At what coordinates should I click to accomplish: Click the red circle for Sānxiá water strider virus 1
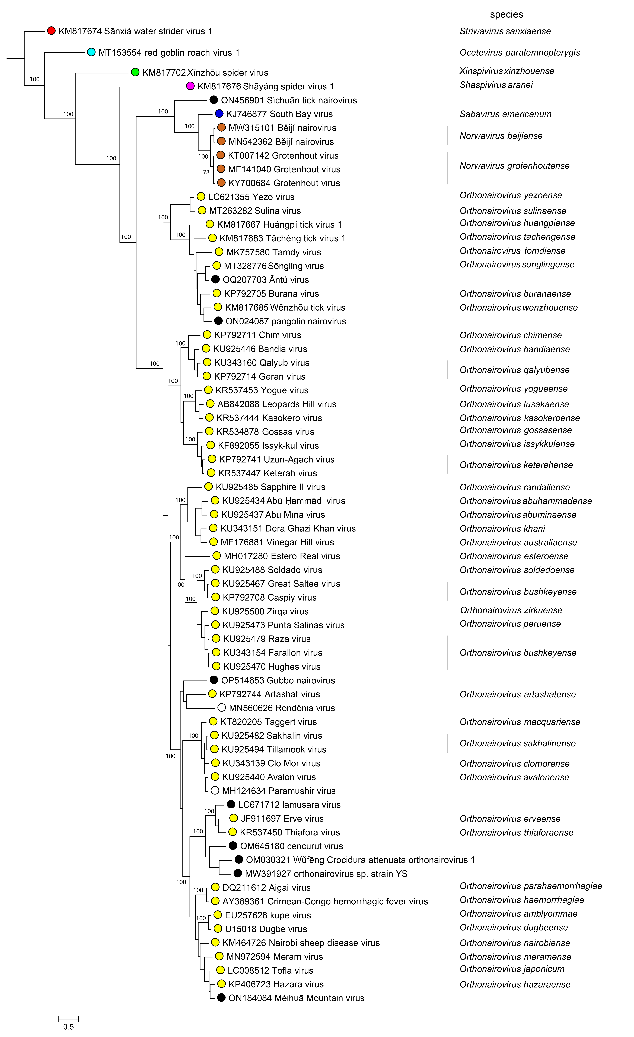(51, 31)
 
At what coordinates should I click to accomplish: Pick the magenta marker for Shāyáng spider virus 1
(190, 86)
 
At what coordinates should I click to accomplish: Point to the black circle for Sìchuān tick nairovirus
(214, 100)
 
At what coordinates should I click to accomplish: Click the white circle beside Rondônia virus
(222, 708)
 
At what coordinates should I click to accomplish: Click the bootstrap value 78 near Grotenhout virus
(206, 172)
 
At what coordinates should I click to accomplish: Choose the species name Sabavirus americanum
(505, 114)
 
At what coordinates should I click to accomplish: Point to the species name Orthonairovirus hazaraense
(515, 984)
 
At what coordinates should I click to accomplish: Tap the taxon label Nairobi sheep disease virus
(301, 943)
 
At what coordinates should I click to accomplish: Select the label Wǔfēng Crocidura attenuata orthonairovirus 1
(360, 860)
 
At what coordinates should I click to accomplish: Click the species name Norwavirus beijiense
(501, 136)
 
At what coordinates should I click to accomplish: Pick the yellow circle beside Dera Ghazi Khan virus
(213, 528)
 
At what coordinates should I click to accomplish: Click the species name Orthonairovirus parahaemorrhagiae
(531, 886)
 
